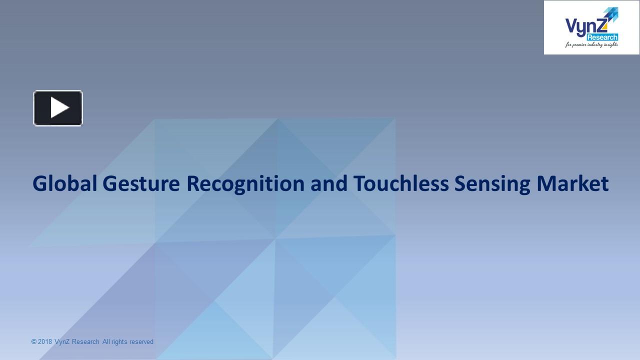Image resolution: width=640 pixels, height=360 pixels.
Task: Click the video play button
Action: pyautogui.click(x=58, y=108)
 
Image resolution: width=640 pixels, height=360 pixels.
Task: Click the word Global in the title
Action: pyautogui.click(x=64, y=183)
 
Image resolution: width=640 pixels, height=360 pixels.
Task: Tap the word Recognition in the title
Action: pyautogui.click(x=245, y=183)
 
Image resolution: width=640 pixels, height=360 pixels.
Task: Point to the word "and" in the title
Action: pyautogui.click(x=328, y=183)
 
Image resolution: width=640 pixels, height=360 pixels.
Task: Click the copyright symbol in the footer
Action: pyautogui.click(x=34, y=342)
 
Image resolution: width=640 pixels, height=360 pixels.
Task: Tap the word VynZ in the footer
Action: pyautogui.click(x=62, y=342)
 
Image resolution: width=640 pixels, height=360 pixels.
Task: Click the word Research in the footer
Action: pyautogui.click(x=85, y=342)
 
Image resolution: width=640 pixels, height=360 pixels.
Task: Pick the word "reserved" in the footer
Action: pyautogui.click(x=141, y=342)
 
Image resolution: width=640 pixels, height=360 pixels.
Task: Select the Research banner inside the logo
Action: pyautogui.click(x=602, y=37)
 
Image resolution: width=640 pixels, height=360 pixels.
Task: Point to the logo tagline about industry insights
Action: pyautogui.click(x=592, y=45)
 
